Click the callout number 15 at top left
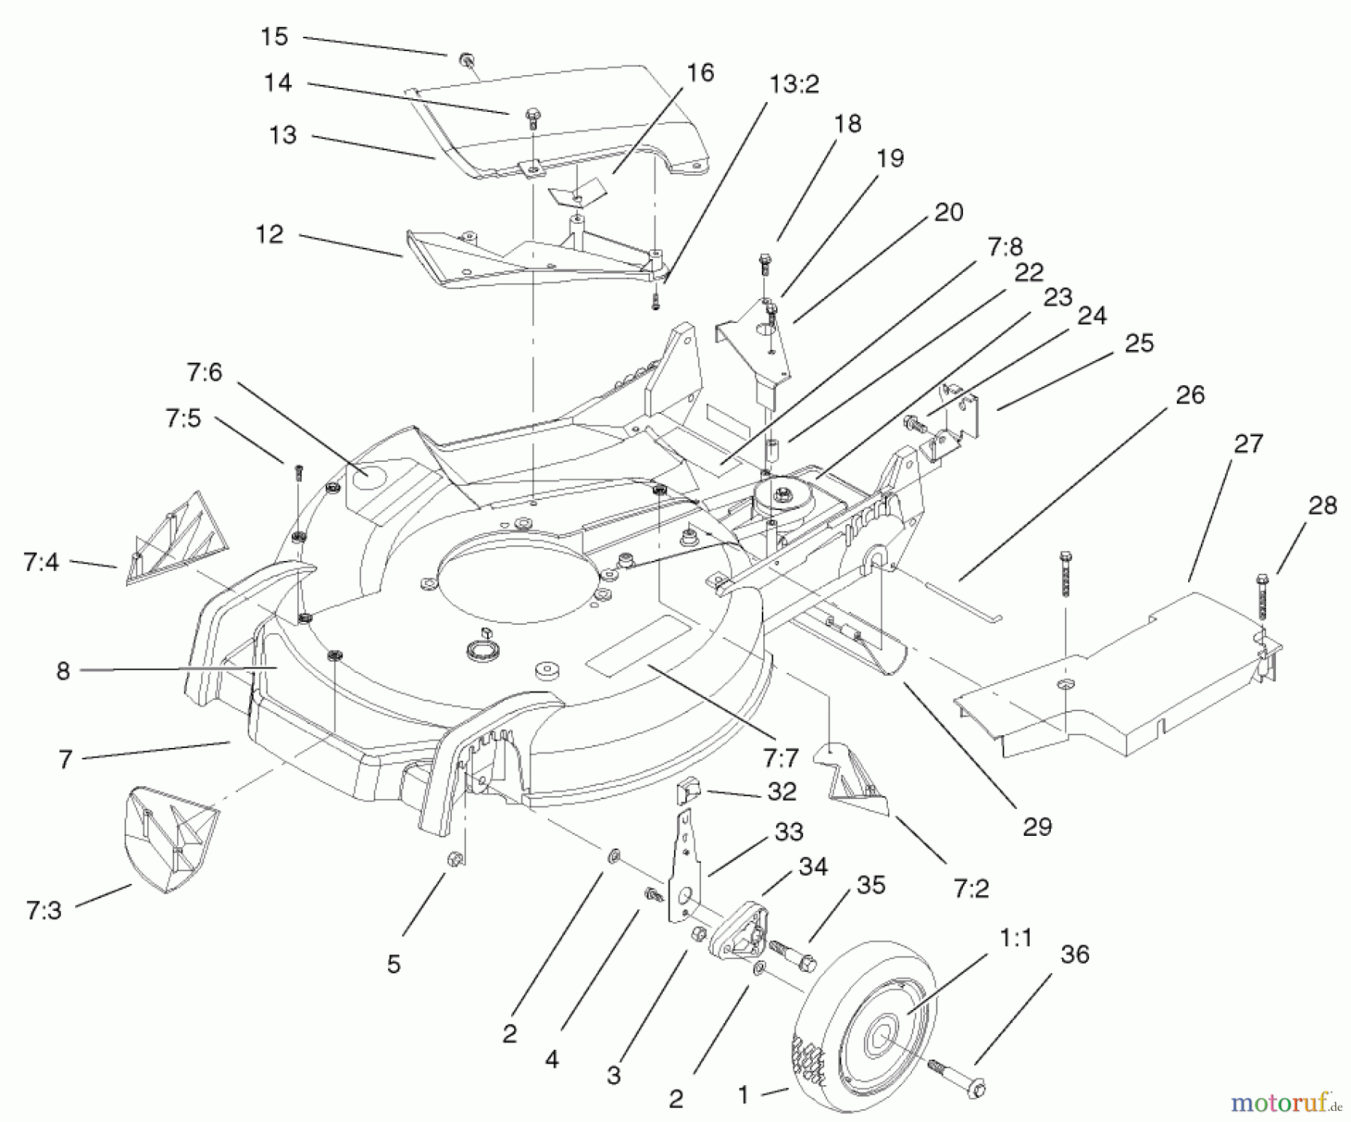pos(275,37)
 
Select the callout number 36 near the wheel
pos(1075,955)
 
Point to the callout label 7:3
pos(44,911)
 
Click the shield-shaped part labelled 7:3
pos(170,838)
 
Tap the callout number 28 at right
pos(1322,506)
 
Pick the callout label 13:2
pos(794,85)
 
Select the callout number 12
pos(269,234)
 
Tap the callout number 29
pos(1037,827)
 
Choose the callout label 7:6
pos(205,372)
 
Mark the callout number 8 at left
pos(63,671)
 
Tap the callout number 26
pos(1190,395)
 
